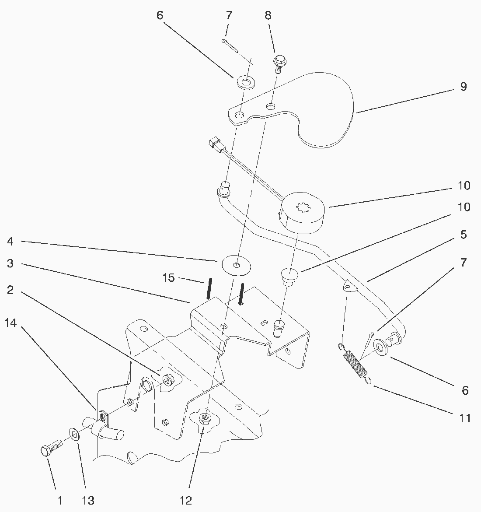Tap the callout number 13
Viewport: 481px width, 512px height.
click(87, 501)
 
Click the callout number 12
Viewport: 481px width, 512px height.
click(186, 501)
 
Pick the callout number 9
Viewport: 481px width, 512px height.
click(463, 87)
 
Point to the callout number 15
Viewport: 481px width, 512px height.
click(169, 277)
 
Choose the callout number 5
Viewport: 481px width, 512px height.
click(463, 235)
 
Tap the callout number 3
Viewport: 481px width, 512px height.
click(10, 263)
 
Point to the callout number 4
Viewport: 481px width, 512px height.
click(10, 241)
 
